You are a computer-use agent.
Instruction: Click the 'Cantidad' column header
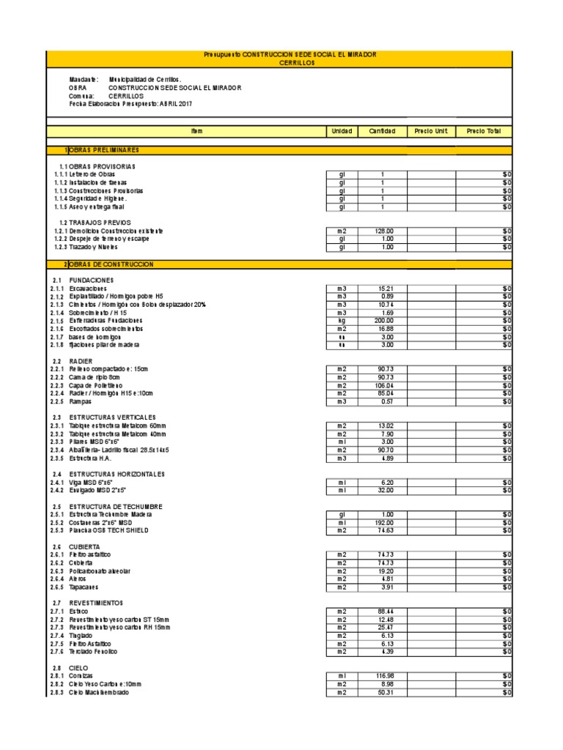tap(382, 131)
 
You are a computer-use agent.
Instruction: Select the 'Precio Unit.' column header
tap(430, 131)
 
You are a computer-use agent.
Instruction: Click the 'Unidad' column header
tap(342, 131)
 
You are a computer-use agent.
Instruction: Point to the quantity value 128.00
tap(382, 231)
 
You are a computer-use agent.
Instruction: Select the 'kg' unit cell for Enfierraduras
tap(342, 321)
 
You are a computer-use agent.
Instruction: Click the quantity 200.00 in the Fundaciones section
tap(382, 321)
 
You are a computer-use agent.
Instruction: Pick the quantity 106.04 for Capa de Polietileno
tap(382, 385)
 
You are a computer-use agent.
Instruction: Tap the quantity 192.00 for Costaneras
tap(382, 522)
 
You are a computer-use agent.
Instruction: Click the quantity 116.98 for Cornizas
tap(382, 675)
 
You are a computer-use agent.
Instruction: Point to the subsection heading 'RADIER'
tap(81, 361)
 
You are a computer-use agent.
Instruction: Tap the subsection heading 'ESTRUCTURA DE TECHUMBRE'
tap(115, 506)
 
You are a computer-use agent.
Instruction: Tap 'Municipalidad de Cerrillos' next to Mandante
tap(144, 78)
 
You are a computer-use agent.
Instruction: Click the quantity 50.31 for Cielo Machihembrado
tap(382, 691)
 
